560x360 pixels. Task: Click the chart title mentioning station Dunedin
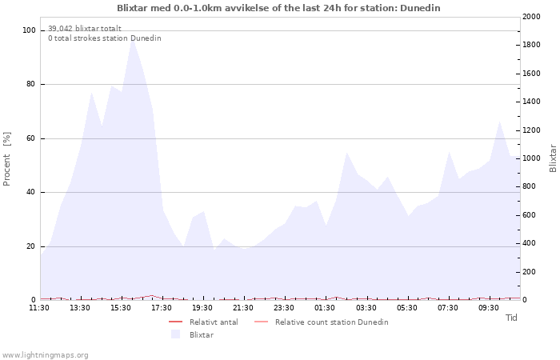(x=278, y=8)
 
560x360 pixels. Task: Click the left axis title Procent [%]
(x=7, y=159)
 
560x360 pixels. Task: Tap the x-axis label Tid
(x=511, y=318)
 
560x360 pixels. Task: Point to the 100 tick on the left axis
(x=29, y=30)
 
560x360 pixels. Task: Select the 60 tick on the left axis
(x=31, y=138)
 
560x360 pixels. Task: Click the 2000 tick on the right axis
(x=533, y=17)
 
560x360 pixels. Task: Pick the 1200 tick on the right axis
(x=533, y=130)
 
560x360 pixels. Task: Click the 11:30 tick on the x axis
(x=39, y=307)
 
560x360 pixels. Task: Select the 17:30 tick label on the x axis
(x=162, y=307)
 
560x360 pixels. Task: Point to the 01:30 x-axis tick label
(x=326, y=307)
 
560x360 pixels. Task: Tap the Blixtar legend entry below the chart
(x=201, y=334)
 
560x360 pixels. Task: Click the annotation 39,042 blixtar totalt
(x=85, y=29)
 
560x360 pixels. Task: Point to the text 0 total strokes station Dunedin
(x=104, y=38)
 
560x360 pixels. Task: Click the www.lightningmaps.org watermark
(x=46, y=355)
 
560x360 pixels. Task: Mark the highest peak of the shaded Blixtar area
(x=133, y=38)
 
